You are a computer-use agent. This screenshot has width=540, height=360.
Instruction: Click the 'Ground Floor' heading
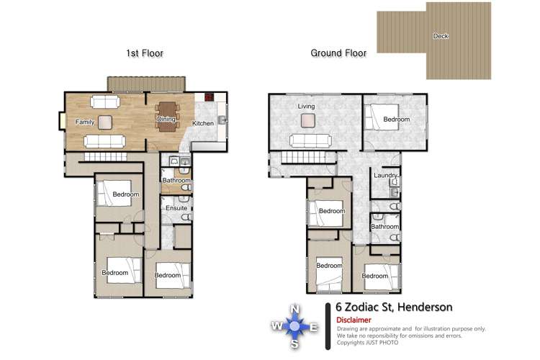tap(338, 53)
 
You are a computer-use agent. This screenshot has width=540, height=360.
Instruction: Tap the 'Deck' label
tap(441, 36)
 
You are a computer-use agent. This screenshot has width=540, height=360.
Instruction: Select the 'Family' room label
tap(85, 122)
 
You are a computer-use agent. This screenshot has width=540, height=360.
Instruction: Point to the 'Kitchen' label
tap(203, 124)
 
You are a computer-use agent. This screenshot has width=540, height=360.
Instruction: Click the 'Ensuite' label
tap(176, 209)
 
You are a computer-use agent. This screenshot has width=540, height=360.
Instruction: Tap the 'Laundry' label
tap(386, 176)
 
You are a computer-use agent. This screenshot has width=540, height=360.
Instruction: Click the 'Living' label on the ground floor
tap(307, 107)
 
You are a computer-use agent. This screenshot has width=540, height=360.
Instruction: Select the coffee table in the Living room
tap(307, 120)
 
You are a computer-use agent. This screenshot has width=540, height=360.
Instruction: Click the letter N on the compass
tap(294, 310)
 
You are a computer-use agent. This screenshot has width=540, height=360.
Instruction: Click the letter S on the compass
tap(294, 345)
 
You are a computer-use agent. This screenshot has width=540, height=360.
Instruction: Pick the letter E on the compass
tap(313, 328)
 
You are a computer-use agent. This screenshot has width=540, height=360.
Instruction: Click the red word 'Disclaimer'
tap(354, 320)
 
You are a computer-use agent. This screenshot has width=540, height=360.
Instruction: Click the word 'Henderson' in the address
tap(426, 307)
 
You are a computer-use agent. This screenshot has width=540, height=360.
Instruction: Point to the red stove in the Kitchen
tap(210, 96)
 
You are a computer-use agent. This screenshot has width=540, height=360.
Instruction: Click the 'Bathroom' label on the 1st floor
tap(176, 181)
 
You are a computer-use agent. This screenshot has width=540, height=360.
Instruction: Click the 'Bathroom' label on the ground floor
tap(385, 227)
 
